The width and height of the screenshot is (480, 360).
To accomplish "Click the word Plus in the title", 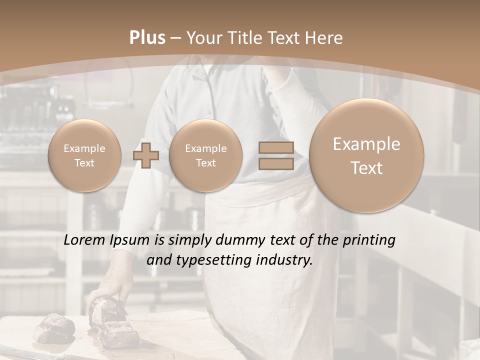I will click(147, 38).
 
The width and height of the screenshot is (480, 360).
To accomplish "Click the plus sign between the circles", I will click(146, 156).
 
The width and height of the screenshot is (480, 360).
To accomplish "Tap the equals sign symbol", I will click(276, 155).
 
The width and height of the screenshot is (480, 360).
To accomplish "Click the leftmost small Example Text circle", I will click(84, 155).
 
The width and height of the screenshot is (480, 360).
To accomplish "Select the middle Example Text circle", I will click(205, 155).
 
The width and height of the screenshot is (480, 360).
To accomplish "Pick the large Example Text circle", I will click(366, 155).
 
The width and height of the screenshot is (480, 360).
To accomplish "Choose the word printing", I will click(369, 240).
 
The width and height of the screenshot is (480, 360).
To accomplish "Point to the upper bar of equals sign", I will click(276, 148).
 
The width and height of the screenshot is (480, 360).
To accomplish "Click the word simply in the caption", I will click(189, 240).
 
